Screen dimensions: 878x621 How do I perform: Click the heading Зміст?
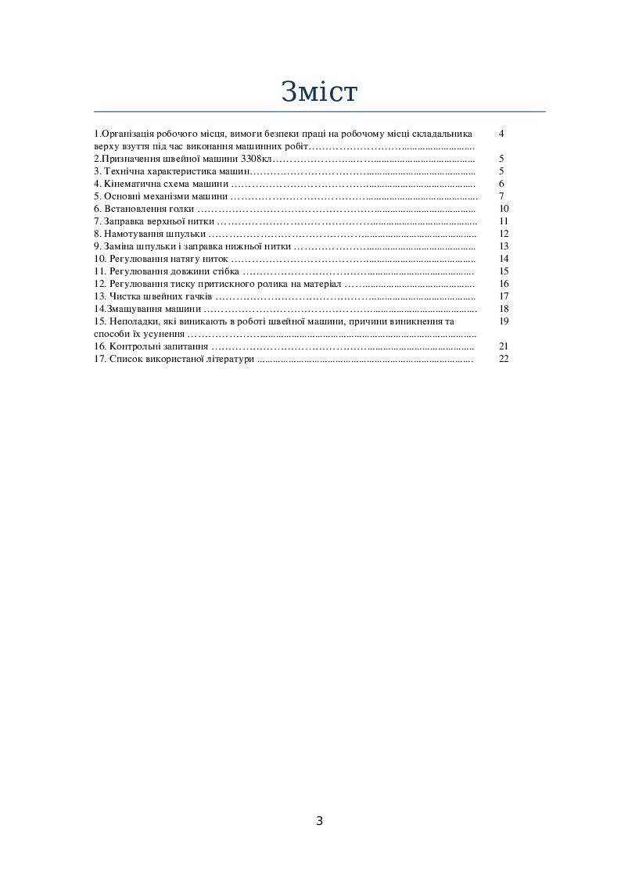pyautogui.click(x=319, y=91)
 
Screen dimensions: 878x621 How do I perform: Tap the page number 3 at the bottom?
pyautogui.click(x=319, y=821)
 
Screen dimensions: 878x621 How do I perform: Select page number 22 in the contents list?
pyautogui.click(x=504, y=358)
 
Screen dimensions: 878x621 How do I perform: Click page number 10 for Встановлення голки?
pyautogui.click(x=504, y=209)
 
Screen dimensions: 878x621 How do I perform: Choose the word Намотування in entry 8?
pyautogui.click(x=134, y=234)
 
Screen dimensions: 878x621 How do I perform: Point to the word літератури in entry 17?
pyautogui.click(x=230, y=358)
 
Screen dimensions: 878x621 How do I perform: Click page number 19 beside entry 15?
pyautogui.click(x=504, y=321)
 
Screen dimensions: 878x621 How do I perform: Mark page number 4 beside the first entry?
pyautogui.click(x=501, y=134)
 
